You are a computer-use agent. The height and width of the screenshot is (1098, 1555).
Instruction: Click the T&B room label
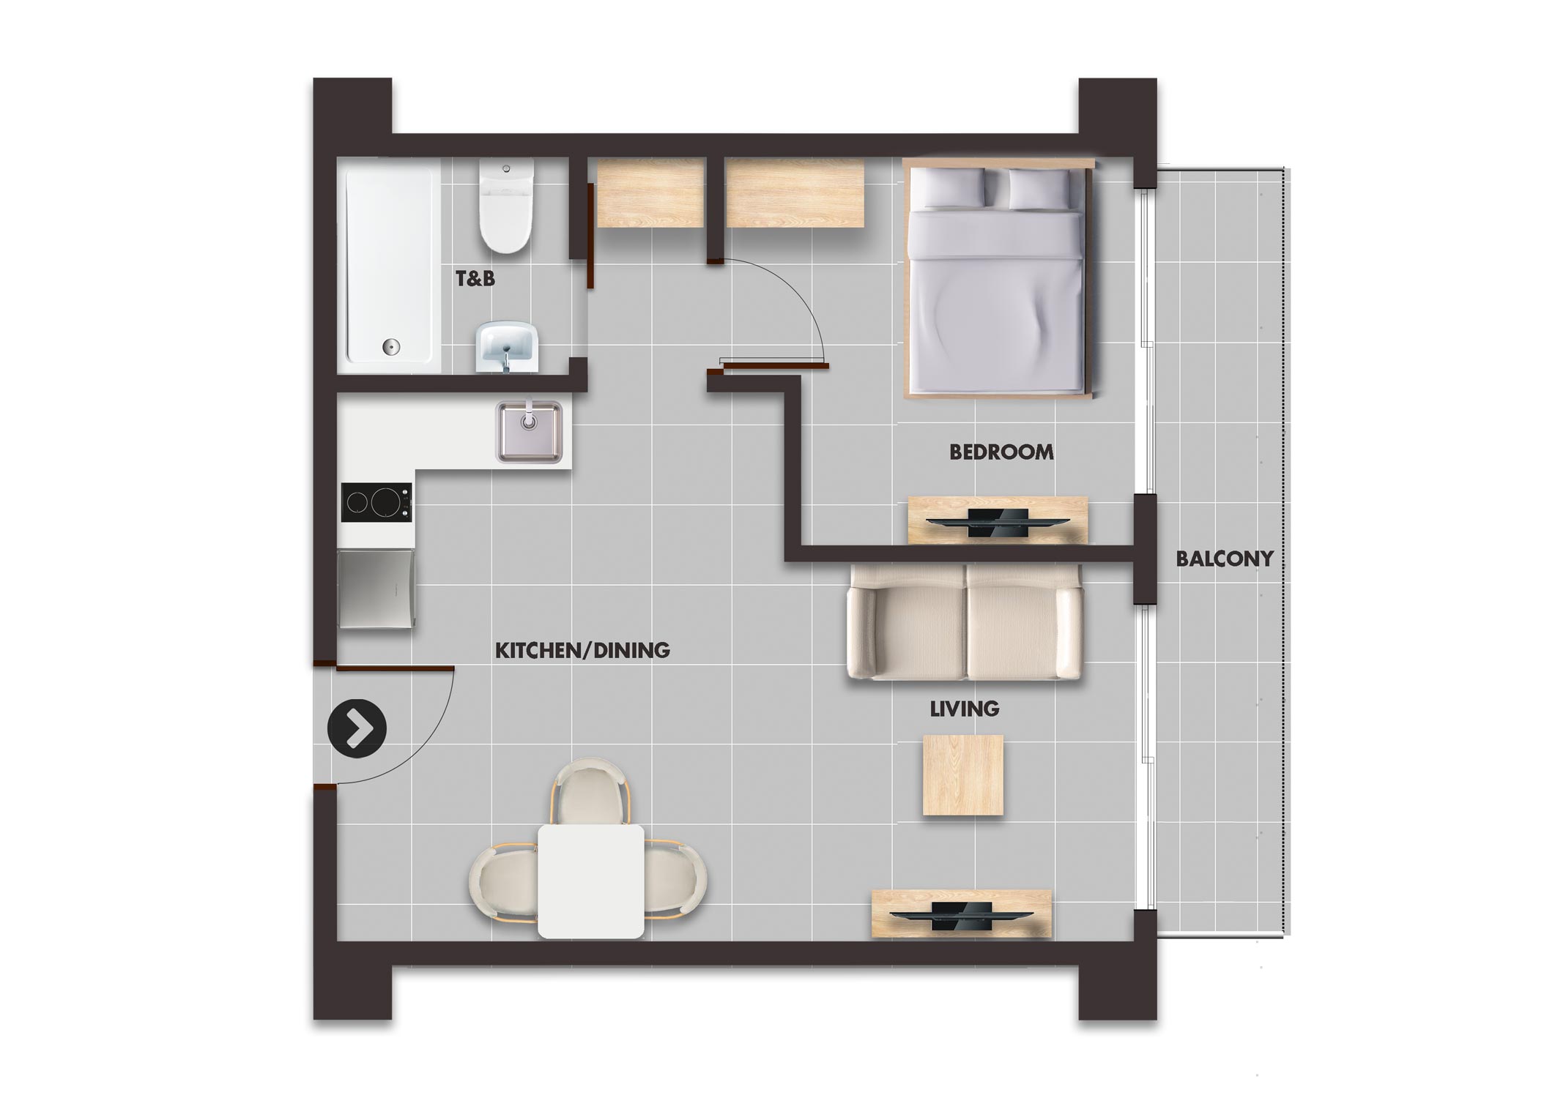(x=475, y=278)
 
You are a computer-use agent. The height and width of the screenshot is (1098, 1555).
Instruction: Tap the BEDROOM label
(x=1001, y=452)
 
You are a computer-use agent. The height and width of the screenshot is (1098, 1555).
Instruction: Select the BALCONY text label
(x=1225, y=559)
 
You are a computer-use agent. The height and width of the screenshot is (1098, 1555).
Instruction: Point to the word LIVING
(x=965, y=709)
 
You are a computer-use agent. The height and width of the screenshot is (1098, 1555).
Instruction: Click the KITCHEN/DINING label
(x=583, y=650)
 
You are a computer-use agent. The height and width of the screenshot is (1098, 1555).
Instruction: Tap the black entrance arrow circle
(x=357, y=728)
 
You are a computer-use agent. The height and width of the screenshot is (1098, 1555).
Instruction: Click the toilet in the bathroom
(x=506, y=206)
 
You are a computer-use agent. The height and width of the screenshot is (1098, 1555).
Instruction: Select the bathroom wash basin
(x=508, y=348)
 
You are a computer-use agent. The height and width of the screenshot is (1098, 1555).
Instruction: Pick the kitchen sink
(x=530, y=431)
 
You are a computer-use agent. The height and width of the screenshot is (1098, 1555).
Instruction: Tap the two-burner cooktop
(x=376, y=502)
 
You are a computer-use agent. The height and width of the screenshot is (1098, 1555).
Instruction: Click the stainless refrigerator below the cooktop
(x=376, y=589)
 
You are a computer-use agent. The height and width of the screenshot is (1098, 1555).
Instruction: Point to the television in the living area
(x=961, y=916)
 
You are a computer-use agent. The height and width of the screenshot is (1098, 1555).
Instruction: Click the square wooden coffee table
(x=963, y=775)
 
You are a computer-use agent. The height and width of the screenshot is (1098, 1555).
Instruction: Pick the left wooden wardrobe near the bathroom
(x=651, y=193)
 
